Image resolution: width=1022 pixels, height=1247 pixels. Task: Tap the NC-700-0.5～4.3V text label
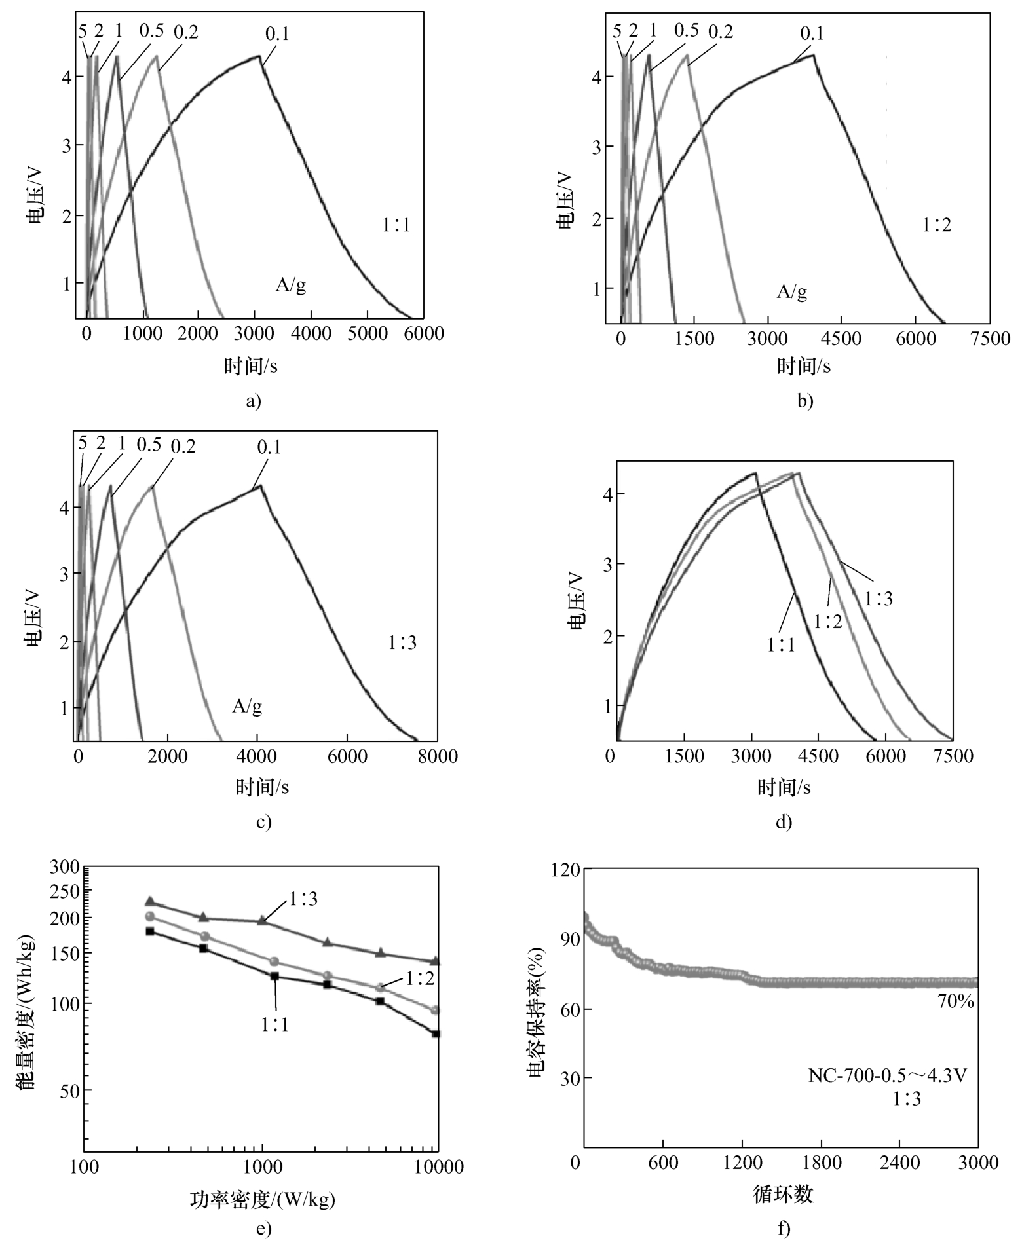click(x=888, y=1075)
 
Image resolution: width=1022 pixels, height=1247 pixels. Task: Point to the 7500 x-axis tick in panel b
click(x=990, y=339)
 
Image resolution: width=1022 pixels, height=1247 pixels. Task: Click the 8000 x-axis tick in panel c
click(x=437, y=756)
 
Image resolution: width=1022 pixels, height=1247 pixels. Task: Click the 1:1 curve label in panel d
click(x=781, y=644)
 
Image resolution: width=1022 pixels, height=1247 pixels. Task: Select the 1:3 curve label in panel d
click(x=878, y=598)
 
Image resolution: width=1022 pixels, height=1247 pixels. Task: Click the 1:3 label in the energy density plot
click(x=303, y=899)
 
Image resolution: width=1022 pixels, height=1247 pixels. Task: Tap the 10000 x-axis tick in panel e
click(x=436, y=1166)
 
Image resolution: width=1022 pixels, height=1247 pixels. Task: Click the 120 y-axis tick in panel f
click(x=566, y=870)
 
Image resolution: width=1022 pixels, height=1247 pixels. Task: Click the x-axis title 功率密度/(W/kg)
click(x=262, y=1199)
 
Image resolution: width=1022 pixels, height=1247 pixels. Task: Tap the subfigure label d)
click(x=784, y=822)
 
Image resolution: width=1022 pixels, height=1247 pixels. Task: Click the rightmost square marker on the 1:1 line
click(x=436, y=1033)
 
